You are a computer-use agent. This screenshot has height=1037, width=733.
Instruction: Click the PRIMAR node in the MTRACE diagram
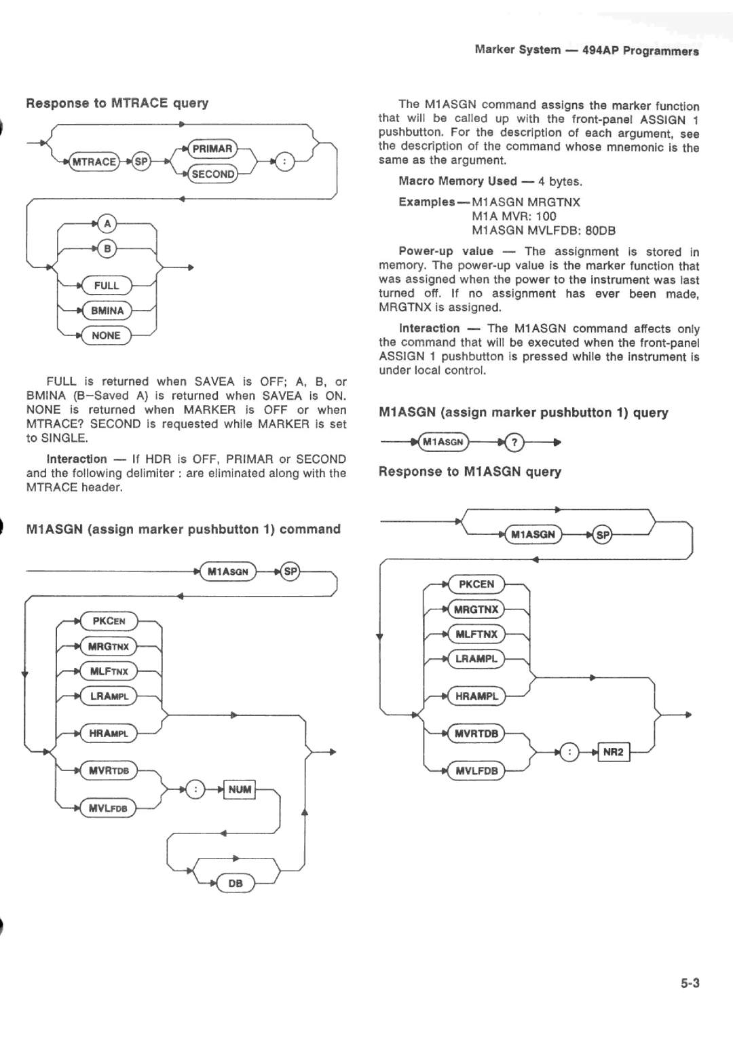tap(212, 149)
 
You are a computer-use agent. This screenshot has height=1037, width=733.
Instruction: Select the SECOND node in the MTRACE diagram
tap(212, 174)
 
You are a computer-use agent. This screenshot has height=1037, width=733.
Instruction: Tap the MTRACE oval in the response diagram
tap(94, 162)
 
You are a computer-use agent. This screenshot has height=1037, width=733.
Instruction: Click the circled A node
tap(107, 223)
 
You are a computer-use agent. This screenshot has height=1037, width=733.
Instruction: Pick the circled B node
tap(107, 248)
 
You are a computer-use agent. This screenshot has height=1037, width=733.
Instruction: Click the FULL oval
tap(107, 286)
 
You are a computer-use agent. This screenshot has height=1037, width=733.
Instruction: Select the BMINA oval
tap(107, 311)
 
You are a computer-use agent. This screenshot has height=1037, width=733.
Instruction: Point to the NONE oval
tap(106, 335)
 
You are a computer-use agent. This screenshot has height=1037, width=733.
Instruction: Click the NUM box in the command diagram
tap(240, 789)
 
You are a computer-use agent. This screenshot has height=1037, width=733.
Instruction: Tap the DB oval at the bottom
tap(236, 883)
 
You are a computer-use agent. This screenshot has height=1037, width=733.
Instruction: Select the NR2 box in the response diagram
tap(613, 752)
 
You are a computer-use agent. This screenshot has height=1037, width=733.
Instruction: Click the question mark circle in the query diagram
tap(515, 442)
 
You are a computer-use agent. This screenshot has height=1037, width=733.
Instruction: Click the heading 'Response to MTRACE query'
tap(117, 103)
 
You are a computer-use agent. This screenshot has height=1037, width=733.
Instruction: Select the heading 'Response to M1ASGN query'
tap(470, 472)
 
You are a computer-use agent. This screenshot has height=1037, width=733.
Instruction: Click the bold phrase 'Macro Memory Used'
tap(457, 181)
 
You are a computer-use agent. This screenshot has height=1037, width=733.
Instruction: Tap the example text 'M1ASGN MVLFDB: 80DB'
tap(544, 231)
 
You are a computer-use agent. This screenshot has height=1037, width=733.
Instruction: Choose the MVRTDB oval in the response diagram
tap(476, 734)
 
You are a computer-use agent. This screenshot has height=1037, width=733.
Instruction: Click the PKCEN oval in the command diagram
tap(109, 621)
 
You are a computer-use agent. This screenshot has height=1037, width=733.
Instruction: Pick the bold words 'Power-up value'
tap(446, 252)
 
